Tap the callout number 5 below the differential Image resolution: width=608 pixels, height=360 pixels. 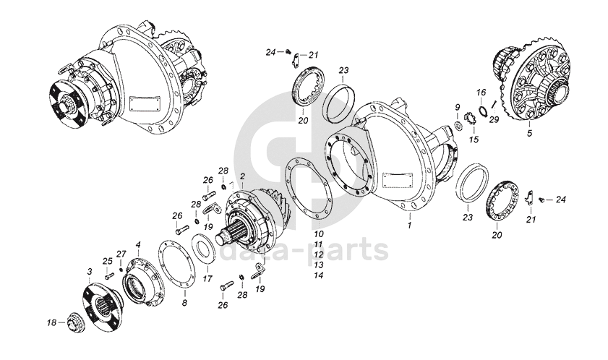tap(528, 134)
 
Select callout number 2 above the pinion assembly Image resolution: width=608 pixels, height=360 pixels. tap(242, 176)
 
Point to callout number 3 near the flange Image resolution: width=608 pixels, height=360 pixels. tap(90, 271)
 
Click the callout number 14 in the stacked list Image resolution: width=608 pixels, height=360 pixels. tap(318, 275)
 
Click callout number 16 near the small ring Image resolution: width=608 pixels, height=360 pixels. tap(481, 93)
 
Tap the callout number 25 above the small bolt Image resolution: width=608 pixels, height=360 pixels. tap(107, 261)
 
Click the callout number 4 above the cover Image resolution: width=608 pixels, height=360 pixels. tap(138, 245)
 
